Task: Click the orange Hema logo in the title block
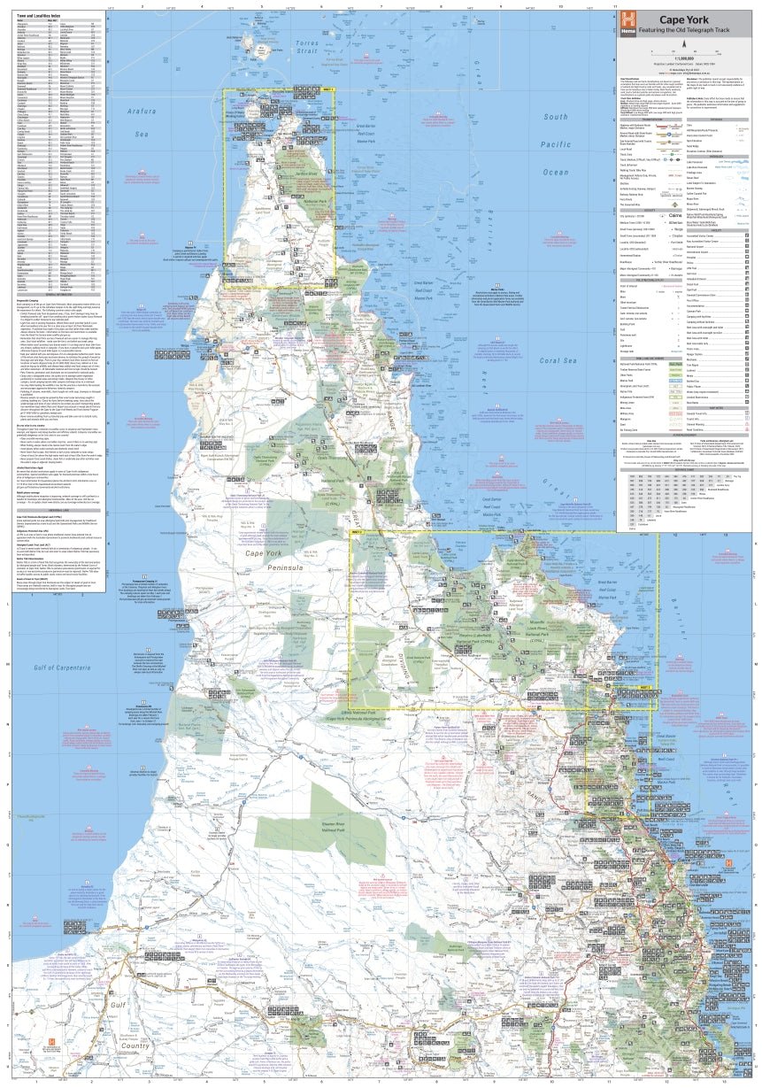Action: pos(628,20)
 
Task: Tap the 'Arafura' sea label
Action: pos(144,111)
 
